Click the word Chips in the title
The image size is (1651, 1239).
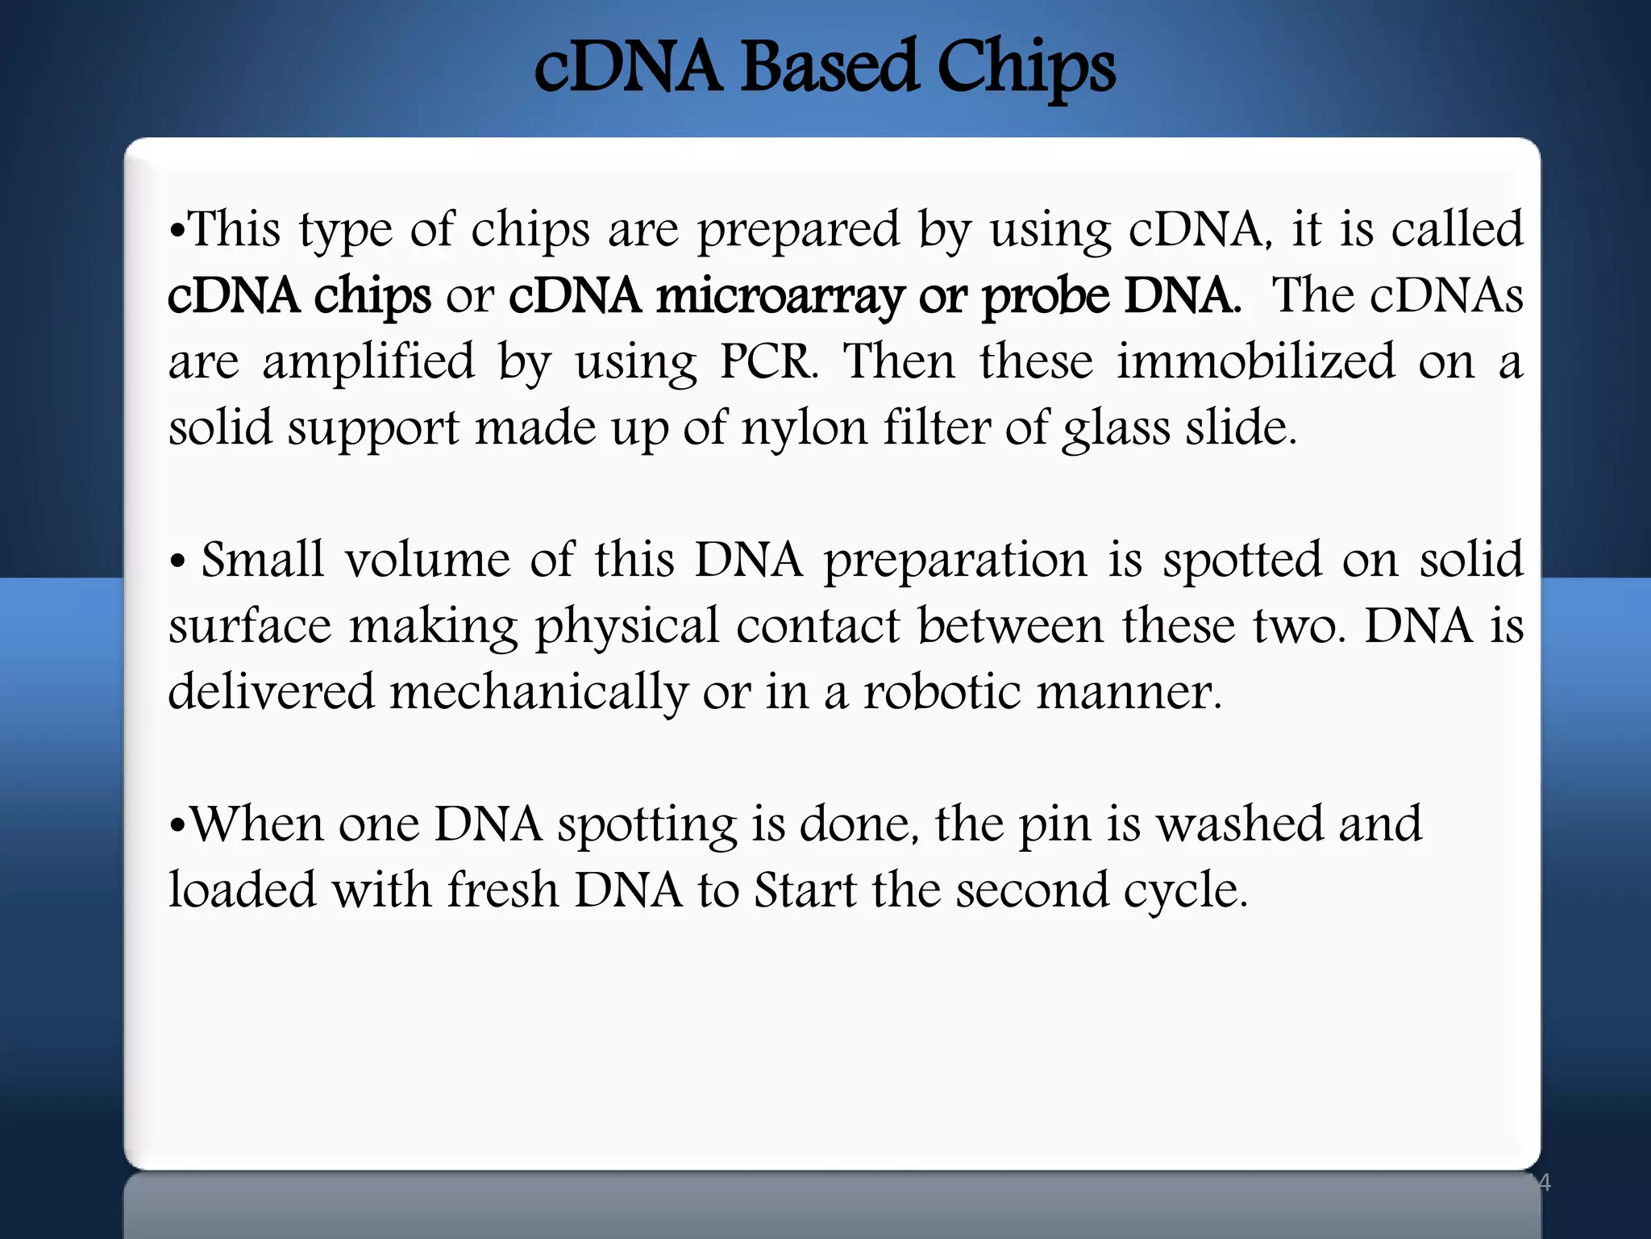coord(1025,68)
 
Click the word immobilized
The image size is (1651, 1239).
coord(1255,361)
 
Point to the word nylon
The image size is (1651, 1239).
coord(804,428)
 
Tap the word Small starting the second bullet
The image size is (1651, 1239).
coord(262,560)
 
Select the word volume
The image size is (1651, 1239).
coord(428,560)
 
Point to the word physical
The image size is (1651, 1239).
coord(627,628)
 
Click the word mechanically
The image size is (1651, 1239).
coord(539,693)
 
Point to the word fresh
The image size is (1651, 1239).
coord(503,891)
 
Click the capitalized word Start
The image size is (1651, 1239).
coord(805,891)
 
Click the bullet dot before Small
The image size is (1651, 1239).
coord(178,562)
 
